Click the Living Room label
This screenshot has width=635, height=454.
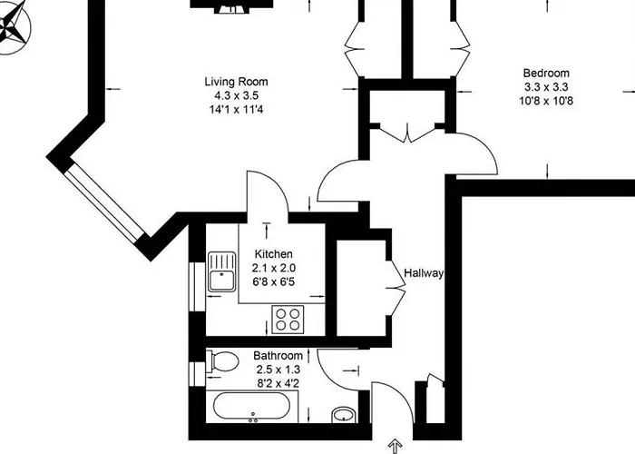pyautogui.click(x=235, y=82)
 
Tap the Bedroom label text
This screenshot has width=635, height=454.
pyautogui.click(x=545, y=74)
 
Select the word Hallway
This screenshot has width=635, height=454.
pyautogui.click(x=424, y=272)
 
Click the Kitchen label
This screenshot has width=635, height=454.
pyautogui.click(x=273, y=254)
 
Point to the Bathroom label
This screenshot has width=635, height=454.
pyautogui.click(x=278, y=356)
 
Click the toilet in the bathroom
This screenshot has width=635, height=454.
pyautogui.click(x=220, y=362)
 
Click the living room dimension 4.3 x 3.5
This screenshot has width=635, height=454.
pyautogui.click(x=235, y=95)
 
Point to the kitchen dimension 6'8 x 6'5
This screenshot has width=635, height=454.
pyautogui.click(x=273, y=281)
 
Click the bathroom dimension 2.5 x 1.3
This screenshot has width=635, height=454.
pyautogui.click(x=278, y=370)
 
